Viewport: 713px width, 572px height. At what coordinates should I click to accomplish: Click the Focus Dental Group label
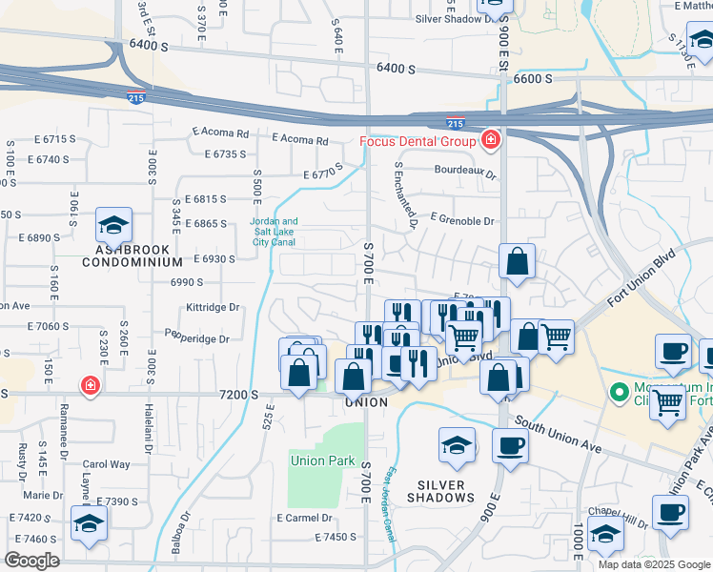(418, 142)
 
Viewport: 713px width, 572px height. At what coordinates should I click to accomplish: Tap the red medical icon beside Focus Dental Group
(490, 141)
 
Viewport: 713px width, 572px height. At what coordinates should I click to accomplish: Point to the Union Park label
(322, 461)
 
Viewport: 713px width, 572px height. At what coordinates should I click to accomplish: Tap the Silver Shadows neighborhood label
(441, 491)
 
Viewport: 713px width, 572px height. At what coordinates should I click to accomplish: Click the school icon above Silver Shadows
(457, 445)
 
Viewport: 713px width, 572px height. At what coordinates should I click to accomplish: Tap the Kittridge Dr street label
(213, 308)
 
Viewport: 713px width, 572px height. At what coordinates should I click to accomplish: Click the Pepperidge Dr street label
(198, 338)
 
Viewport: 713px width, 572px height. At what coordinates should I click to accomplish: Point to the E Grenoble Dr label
(462, 221)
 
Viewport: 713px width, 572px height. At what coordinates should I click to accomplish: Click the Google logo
(31, 561)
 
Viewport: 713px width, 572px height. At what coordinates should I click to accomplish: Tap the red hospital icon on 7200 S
(90, 386)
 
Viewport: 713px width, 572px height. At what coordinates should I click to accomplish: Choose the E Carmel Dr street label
(303, 519)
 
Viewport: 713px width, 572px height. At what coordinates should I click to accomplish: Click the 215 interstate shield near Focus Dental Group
(455, 123)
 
